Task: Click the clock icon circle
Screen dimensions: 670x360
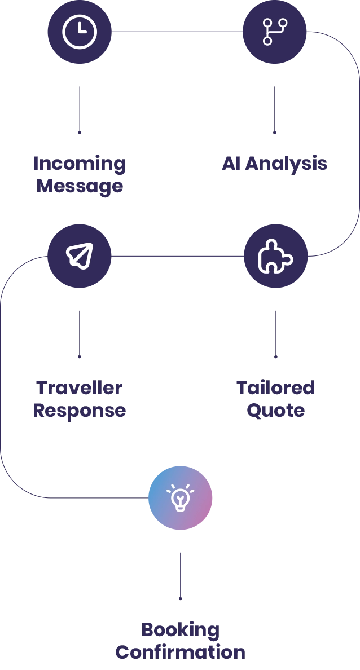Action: click(80, 32)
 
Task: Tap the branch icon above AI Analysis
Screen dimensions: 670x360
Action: click(275, 32)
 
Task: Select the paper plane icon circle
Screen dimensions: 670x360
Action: click(80, 256)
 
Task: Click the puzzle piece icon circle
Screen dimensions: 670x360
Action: click(276, 256)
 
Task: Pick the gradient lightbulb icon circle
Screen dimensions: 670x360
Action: click(181, 498)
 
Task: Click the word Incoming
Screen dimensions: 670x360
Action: click(79, 164)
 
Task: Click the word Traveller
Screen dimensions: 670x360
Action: click(80, 388)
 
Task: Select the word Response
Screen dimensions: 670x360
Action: click(79, 411)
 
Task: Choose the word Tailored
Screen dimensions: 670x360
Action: click(275, 388)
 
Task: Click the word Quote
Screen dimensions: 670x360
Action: click(275, 411)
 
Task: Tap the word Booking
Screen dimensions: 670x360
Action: click(180, 629)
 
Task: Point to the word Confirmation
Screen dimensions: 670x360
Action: click(180, 652)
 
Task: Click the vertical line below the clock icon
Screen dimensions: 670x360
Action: click(79, 110)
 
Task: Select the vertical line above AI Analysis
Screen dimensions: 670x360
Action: click(274, 110)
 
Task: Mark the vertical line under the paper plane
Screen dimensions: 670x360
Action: click(79, 333)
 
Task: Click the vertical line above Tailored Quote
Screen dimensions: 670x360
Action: click(275, 333)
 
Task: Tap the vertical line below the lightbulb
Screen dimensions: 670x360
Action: click(180, 577)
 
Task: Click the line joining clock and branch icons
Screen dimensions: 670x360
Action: click(177, 32)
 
